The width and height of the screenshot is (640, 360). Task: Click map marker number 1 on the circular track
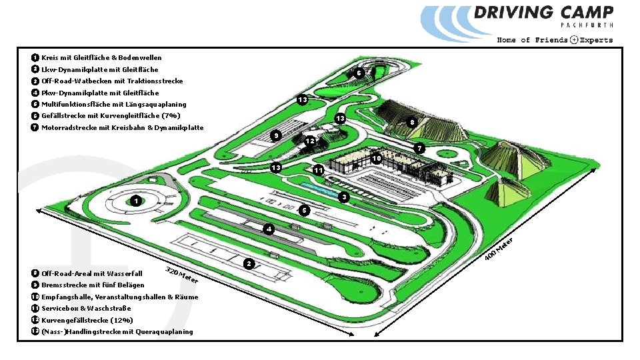[135, 200]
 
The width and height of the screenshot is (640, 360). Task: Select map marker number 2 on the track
[248, 264]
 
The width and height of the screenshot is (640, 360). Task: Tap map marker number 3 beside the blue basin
[343, 198]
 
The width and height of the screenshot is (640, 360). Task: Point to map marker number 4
[267, 229]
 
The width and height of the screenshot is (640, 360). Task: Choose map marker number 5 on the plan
[303, 211]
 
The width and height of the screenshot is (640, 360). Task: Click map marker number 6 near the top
[358, 73]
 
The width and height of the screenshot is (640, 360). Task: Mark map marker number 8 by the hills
[413, 123]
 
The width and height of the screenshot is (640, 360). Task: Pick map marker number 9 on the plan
[276, 136]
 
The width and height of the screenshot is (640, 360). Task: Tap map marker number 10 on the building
[377, 159]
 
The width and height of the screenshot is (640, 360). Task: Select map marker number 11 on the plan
[319, 171]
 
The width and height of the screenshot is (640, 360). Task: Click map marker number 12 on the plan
[309, 141]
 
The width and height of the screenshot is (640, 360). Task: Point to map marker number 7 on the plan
[418, 147]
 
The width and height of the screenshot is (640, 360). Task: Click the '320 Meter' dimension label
[181, 275]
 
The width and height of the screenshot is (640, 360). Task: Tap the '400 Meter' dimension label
[499, 249]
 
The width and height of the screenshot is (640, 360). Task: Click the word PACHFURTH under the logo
[587, 25]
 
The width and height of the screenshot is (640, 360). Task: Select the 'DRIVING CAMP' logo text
[543, 12]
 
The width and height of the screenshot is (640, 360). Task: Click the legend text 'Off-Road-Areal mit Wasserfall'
[92, 273]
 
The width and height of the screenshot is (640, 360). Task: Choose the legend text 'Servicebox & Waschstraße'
[86, 308]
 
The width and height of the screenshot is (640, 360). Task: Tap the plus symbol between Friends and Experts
[574, 40]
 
